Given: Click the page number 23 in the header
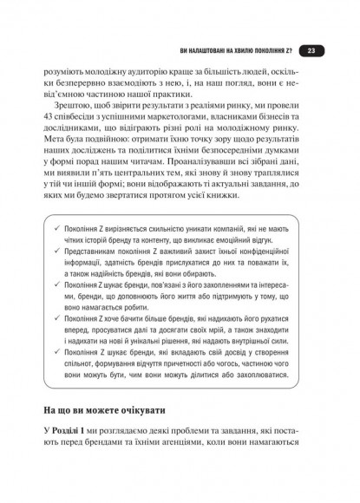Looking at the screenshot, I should click(312, 51).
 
